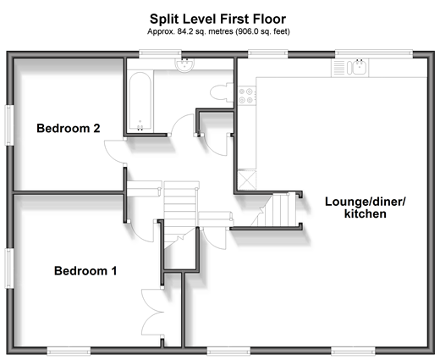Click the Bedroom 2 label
coord(69,128)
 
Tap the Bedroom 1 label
coord(85,271)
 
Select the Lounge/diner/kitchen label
coord(366,208)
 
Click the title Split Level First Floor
coord(217,19)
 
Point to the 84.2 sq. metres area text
coord(218,31)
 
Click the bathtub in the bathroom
coord(140,102)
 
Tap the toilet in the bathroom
coord(222,92)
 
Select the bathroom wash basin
coord(184,64)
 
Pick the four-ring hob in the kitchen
coord(246,96)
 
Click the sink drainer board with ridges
coord(339,68)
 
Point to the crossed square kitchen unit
coord(247,180)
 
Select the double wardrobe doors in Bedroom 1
coord(152,312)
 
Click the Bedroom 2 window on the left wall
coord(9,125)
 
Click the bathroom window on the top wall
coord(160,53)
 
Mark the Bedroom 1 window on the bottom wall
coord(69,351)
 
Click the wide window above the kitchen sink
coord(374,53)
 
